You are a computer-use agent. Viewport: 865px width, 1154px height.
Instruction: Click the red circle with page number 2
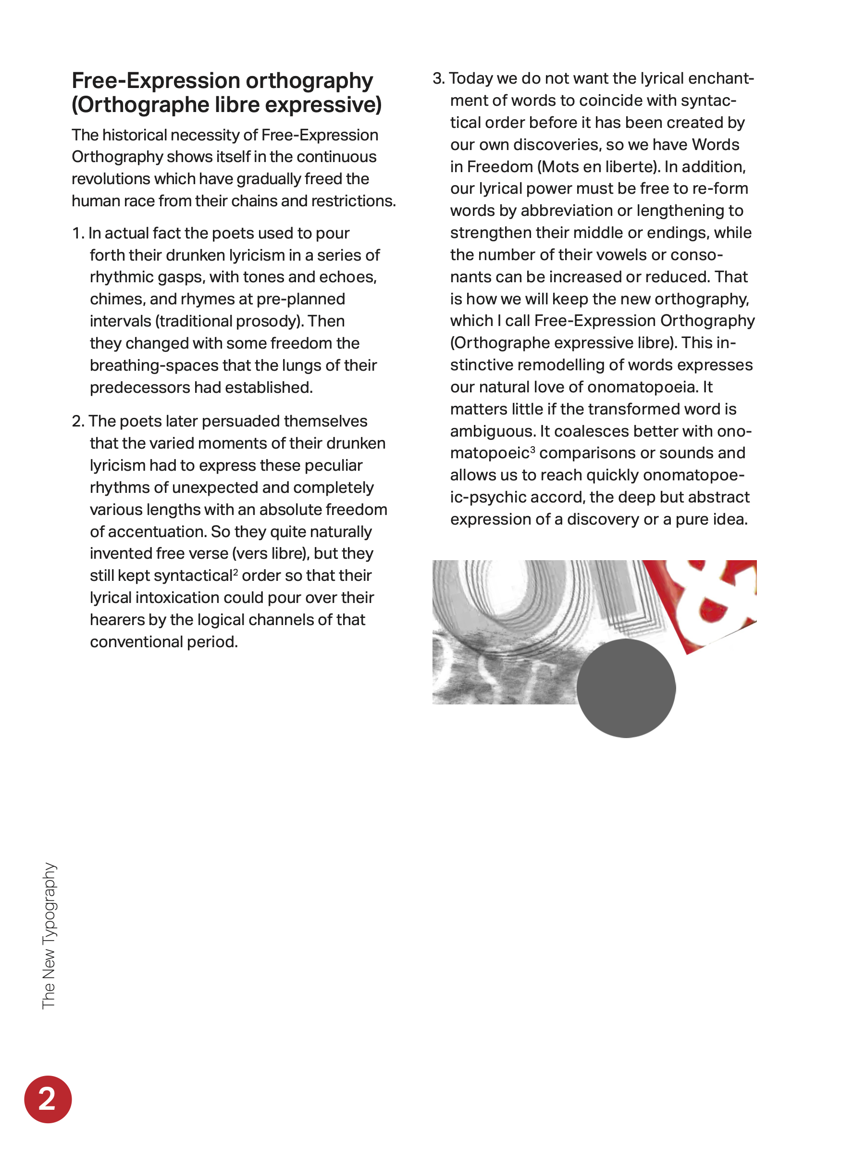[x=48, y=1099]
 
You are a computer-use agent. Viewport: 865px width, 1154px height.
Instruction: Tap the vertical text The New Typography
[x=49, y=935]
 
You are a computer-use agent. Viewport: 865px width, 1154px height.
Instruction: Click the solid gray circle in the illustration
[x=626, y=688]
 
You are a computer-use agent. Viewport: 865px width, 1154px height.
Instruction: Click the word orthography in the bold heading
[x=309, y=81]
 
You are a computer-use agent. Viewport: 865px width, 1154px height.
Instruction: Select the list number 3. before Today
[x=438, y=78]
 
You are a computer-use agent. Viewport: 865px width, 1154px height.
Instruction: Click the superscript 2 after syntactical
[x=235, y=572]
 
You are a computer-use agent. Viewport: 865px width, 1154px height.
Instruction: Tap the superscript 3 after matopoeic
[x=532, y=449]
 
